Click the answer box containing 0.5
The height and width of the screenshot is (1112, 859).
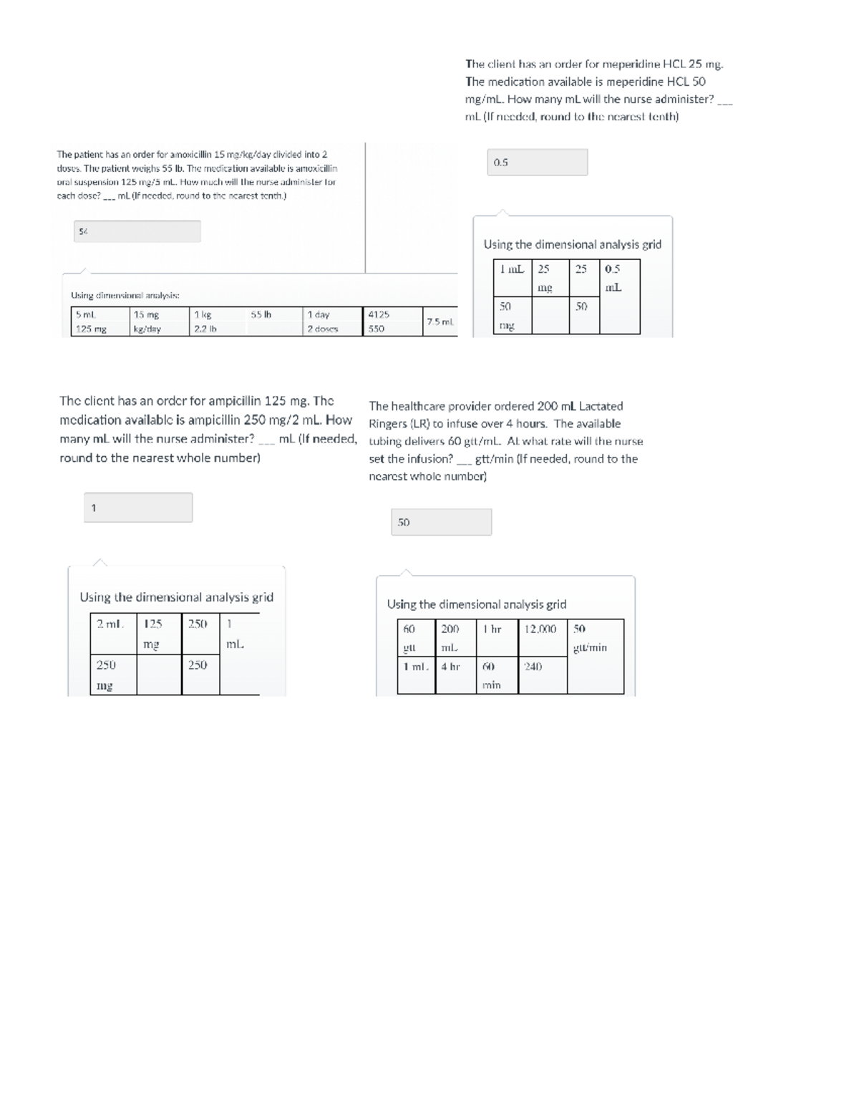tap(537, 163)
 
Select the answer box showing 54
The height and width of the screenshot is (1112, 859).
tap(137, 231)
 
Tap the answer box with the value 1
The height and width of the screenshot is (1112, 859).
tap(138, 508)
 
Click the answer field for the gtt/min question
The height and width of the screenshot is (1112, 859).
tap(441, 523)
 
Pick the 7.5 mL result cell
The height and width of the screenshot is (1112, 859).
tap(440, 322)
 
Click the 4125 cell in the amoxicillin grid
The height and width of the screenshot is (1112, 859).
tap(379, 314)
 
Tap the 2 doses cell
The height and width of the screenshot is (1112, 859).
tap(323, 329)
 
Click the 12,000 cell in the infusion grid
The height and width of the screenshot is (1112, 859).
tap(540, 629)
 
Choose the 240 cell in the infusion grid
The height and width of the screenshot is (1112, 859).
tap(533, 667)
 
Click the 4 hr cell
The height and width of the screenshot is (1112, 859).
tap(450, 667)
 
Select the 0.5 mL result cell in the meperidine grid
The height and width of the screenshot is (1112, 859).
tap(613, 278)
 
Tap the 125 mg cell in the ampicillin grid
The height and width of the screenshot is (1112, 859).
tap(152, 634)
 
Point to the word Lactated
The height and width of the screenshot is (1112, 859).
tap(601, 406)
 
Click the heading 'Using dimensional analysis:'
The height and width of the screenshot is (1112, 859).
tap(125, 295)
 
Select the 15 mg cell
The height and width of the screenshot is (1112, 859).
tap(147, 314)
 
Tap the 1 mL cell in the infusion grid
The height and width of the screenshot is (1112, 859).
tap(415, 667)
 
